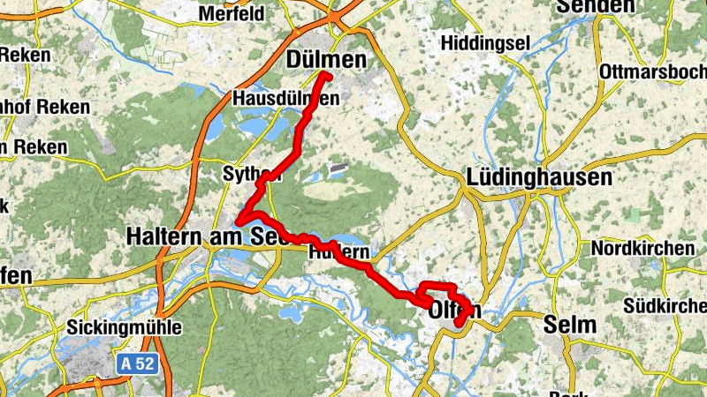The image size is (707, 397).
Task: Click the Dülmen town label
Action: [x=326, y=58]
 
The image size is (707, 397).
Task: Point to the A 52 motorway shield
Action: [x=139, y=362]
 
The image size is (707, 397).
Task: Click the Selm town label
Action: [x=571, y=325]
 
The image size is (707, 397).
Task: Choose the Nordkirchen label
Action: [x=642, y=249]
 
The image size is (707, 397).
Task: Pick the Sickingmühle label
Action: [x=124, y=328]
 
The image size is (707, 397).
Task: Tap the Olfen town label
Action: [x=453, y=311]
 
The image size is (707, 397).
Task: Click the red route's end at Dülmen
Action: [x=326, y=76]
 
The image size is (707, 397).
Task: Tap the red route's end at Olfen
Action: [x=460, y=323]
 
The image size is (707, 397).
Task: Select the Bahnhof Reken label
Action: [x=44, y=107]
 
